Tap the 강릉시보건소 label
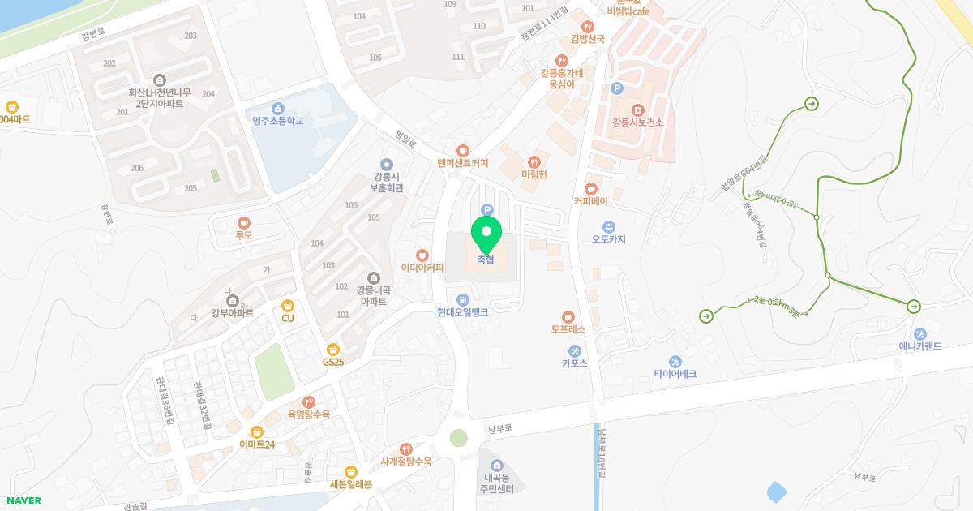coord(637,122)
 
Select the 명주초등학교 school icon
coord(277,108)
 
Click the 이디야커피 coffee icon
coord(422,254)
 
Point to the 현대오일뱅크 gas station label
coord(462,312)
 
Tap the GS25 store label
coord(333,362)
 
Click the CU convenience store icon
coord(287,305)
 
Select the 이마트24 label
coord(257,444)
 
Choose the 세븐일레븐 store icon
coord(350,471)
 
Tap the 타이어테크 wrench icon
coord(675,361)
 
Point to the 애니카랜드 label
coord(919,346)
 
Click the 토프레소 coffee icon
coord(568,316)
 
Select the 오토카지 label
coord(609,239)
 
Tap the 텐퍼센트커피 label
coord(462,163)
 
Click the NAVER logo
coord(22,500)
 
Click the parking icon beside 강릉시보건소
coord(616,88)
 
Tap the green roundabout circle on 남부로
coord(459,438)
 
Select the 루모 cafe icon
coord(243,222)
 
